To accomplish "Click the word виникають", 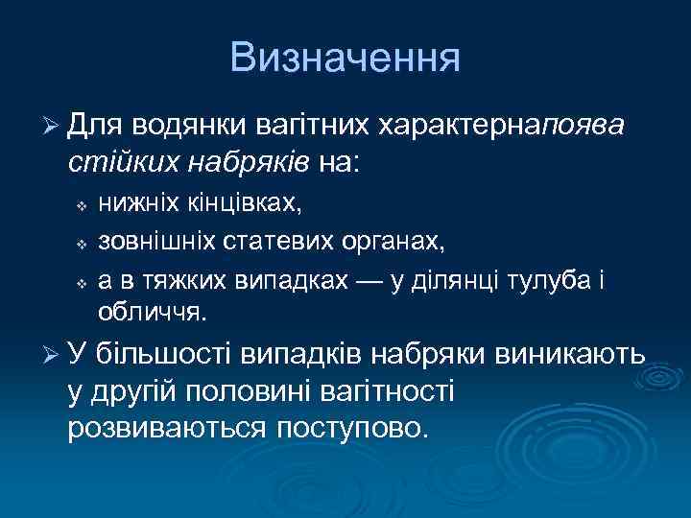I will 570,356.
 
